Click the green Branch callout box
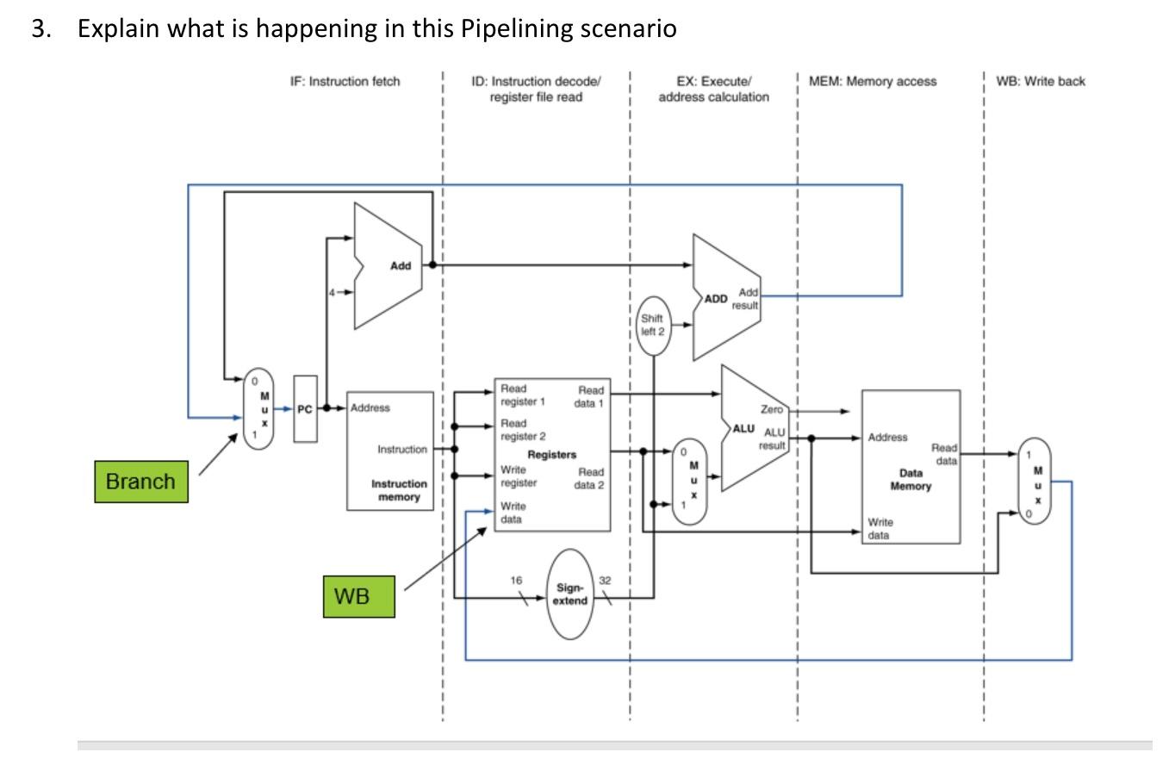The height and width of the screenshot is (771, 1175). [x=140, y=482]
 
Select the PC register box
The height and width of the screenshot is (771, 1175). [x=305, y=409]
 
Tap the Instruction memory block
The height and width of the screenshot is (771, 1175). [x=390, y=451]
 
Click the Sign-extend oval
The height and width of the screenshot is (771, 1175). [x=571, y=594]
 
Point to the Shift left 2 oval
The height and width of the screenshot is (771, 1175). [x=652, y=326]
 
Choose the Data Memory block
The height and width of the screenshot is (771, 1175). [x=911, y=467]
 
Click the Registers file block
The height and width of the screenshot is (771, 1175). [x=552, y=455]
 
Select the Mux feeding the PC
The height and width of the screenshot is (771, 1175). [x=258, y=409]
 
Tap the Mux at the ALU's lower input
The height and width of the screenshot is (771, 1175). [x=689, y=482]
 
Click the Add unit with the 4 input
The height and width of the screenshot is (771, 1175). [x=389, y=266]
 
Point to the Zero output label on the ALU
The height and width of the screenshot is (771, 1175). [x=771, y=410]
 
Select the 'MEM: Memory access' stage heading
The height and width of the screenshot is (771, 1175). [x=873, y=82]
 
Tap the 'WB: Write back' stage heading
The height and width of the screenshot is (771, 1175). [x=1041, y=82]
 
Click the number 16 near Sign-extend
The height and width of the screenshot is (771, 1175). [x=515, y=581]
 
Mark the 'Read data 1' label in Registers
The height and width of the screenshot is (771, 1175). [x=591, y=397]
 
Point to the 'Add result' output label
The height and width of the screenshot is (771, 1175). [x=747, y=299]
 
